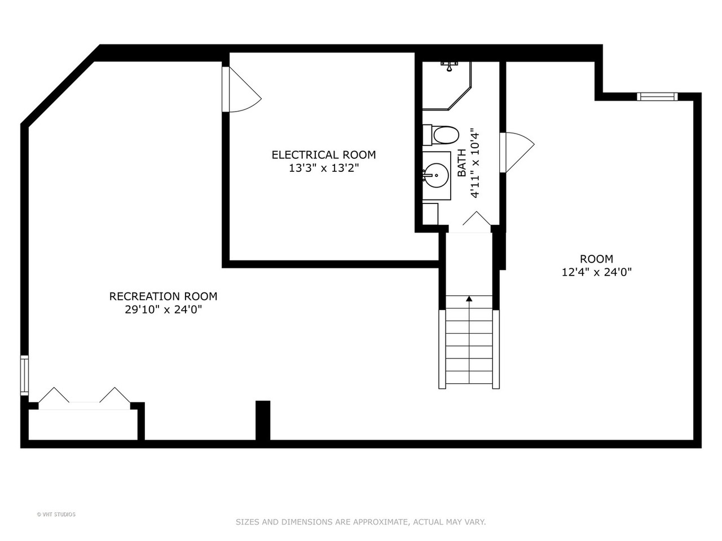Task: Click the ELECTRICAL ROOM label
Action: (324, 155)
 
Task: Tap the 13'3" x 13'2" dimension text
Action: (324, 168)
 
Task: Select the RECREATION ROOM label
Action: (163, 296)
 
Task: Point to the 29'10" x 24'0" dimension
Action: (163, 309)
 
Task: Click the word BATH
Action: (462, 163)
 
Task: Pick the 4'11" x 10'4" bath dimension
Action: (474, 163)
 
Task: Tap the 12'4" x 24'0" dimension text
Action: (597, 272)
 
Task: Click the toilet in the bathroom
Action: (441, 135)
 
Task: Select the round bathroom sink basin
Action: (437, 175)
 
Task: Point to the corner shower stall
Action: (447, 86)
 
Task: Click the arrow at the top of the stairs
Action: (469, 299)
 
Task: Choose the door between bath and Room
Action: (517, 152)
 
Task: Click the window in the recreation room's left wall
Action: (24, 375)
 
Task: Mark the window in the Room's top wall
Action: (657, 96)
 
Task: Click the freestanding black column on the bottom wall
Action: (263, 420)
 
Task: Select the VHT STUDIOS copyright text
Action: (56, 514)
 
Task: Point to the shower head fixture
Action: (449, 66)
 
